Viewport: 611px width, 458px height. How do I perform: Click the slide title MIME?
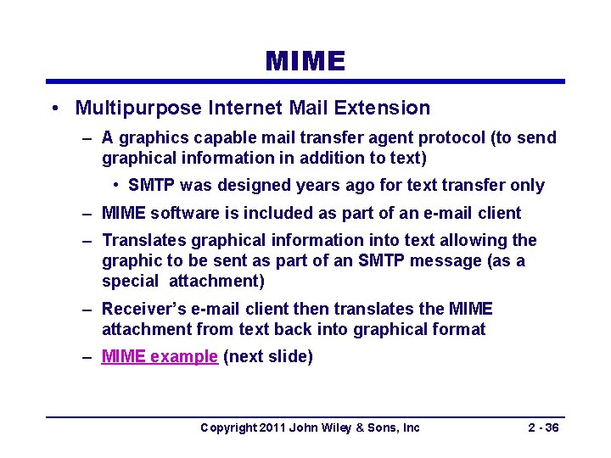305,61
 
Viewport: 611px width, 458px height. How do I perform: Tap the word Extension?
386,109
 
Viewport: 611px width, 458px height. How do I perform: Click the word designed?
280,185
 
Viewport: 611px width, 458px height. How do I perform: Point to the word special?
130,281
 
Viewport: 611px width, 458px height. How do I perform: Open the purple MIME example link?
160,357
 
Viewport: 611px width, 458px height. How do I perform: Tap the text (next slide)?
267,357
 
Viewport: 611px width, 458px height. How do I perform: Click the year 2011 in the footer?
272,427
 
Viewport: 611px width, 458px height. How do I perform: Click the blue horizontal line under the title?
305,82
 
